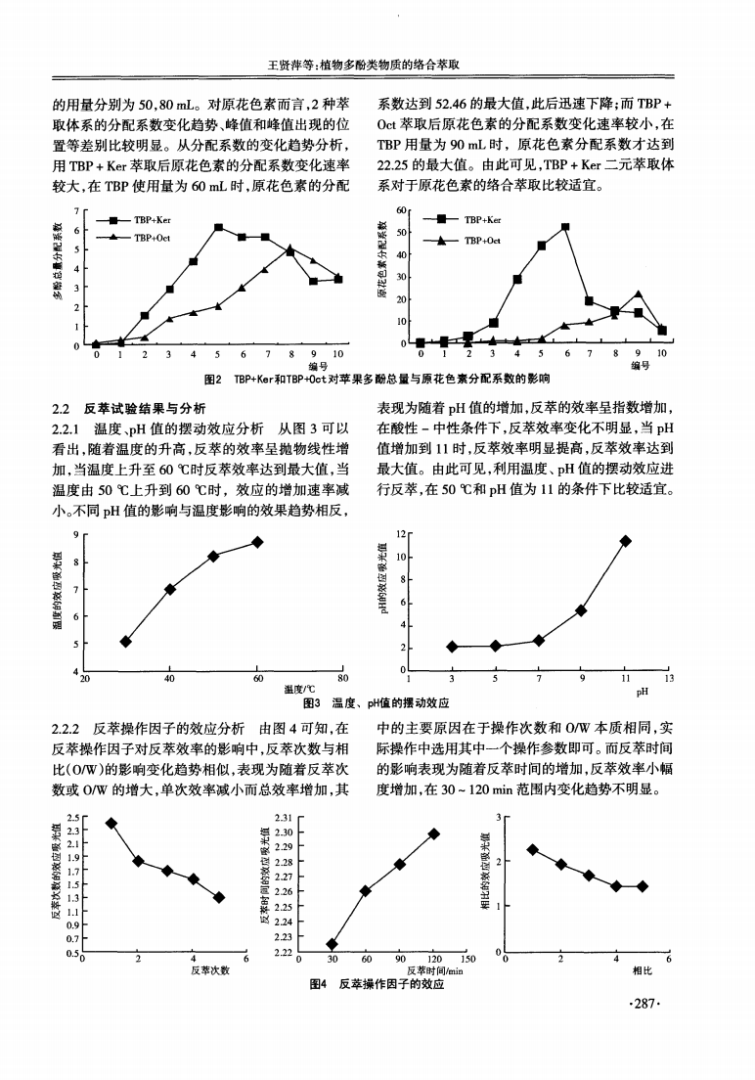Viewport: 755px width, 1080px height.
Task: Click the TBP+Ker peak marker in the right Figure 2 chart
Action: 565,227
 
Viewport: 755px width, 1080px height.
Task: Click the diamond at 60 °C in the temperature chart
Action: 257,542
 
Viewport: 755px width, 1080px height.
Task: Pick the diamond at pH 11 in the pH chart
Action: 625,541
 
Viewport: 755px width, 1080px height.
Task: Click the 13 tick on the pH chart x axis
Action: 669,680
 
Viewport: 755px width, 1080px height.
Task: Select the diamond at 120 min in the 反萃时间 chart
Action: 433,833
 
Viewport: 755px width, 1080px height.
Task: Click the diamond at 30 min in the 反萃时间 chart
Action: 332,944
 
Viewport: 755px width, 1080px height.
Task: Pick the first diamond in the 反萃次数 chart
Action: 111,823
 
